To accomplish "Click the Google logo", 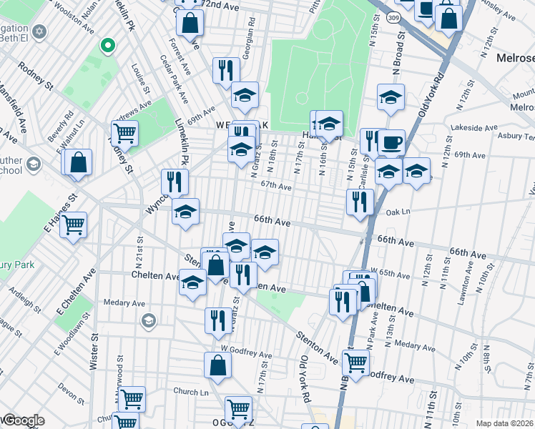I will click(23, 420).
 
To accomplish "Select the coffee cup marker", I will click(391, 142).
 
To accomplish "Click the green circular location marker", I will click(107, 46).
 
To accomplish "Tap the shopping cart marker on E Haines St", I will click(74, 225).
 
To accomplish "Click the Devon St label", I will click(71, 390).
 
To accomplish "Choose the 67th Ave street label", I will click(276, 186).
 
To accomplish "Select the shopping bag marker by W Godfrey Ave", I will click(217, 365).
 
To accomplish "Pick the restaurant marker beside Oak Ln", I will click(360, 201).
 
